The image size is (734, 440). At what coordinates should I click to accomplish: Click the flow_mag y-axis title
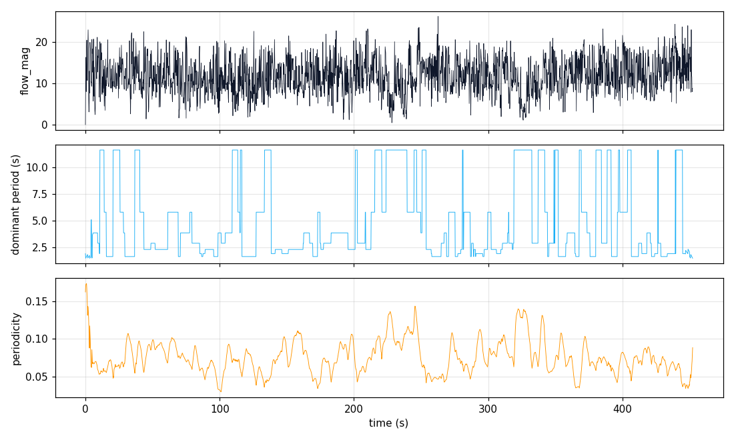coord(25,71)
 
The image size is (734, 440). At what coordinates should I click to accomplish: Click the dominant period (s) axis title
coord(16,204)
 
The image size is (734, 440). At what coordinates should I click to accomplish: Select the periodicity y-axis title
coord(16,338)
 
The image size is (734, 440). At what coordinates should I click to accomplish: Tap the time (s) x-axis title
coord(389,423)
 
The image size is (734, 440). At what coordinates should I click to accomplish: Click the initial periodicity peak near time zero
coord(86,284)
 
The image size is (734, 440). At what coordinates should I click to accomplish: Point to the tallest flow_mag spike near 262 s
coord(438,17)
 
